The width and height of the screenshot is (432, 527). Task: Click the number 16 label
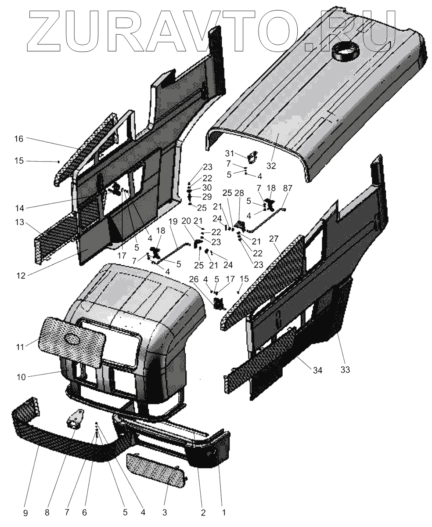[x=18, y=139]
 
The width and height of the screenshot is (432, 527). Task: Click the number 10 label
[x=21, y=377]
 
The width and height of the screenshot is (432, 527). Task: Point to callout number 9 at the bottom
[x=25, y=512]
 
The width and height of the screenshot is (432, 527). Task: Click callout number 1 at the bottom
[x=223, y=512]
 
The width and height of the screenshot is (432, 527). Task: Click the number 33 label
[x=345, y=369]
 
